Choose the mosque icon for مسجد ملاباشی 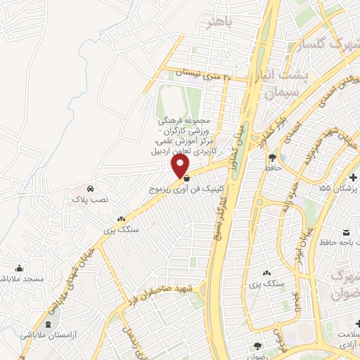(18, 268)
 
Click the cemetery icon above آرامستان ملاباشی (47, 323)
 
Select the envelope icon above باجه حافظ (347, 233)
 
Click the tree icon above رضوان (258, 345)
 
